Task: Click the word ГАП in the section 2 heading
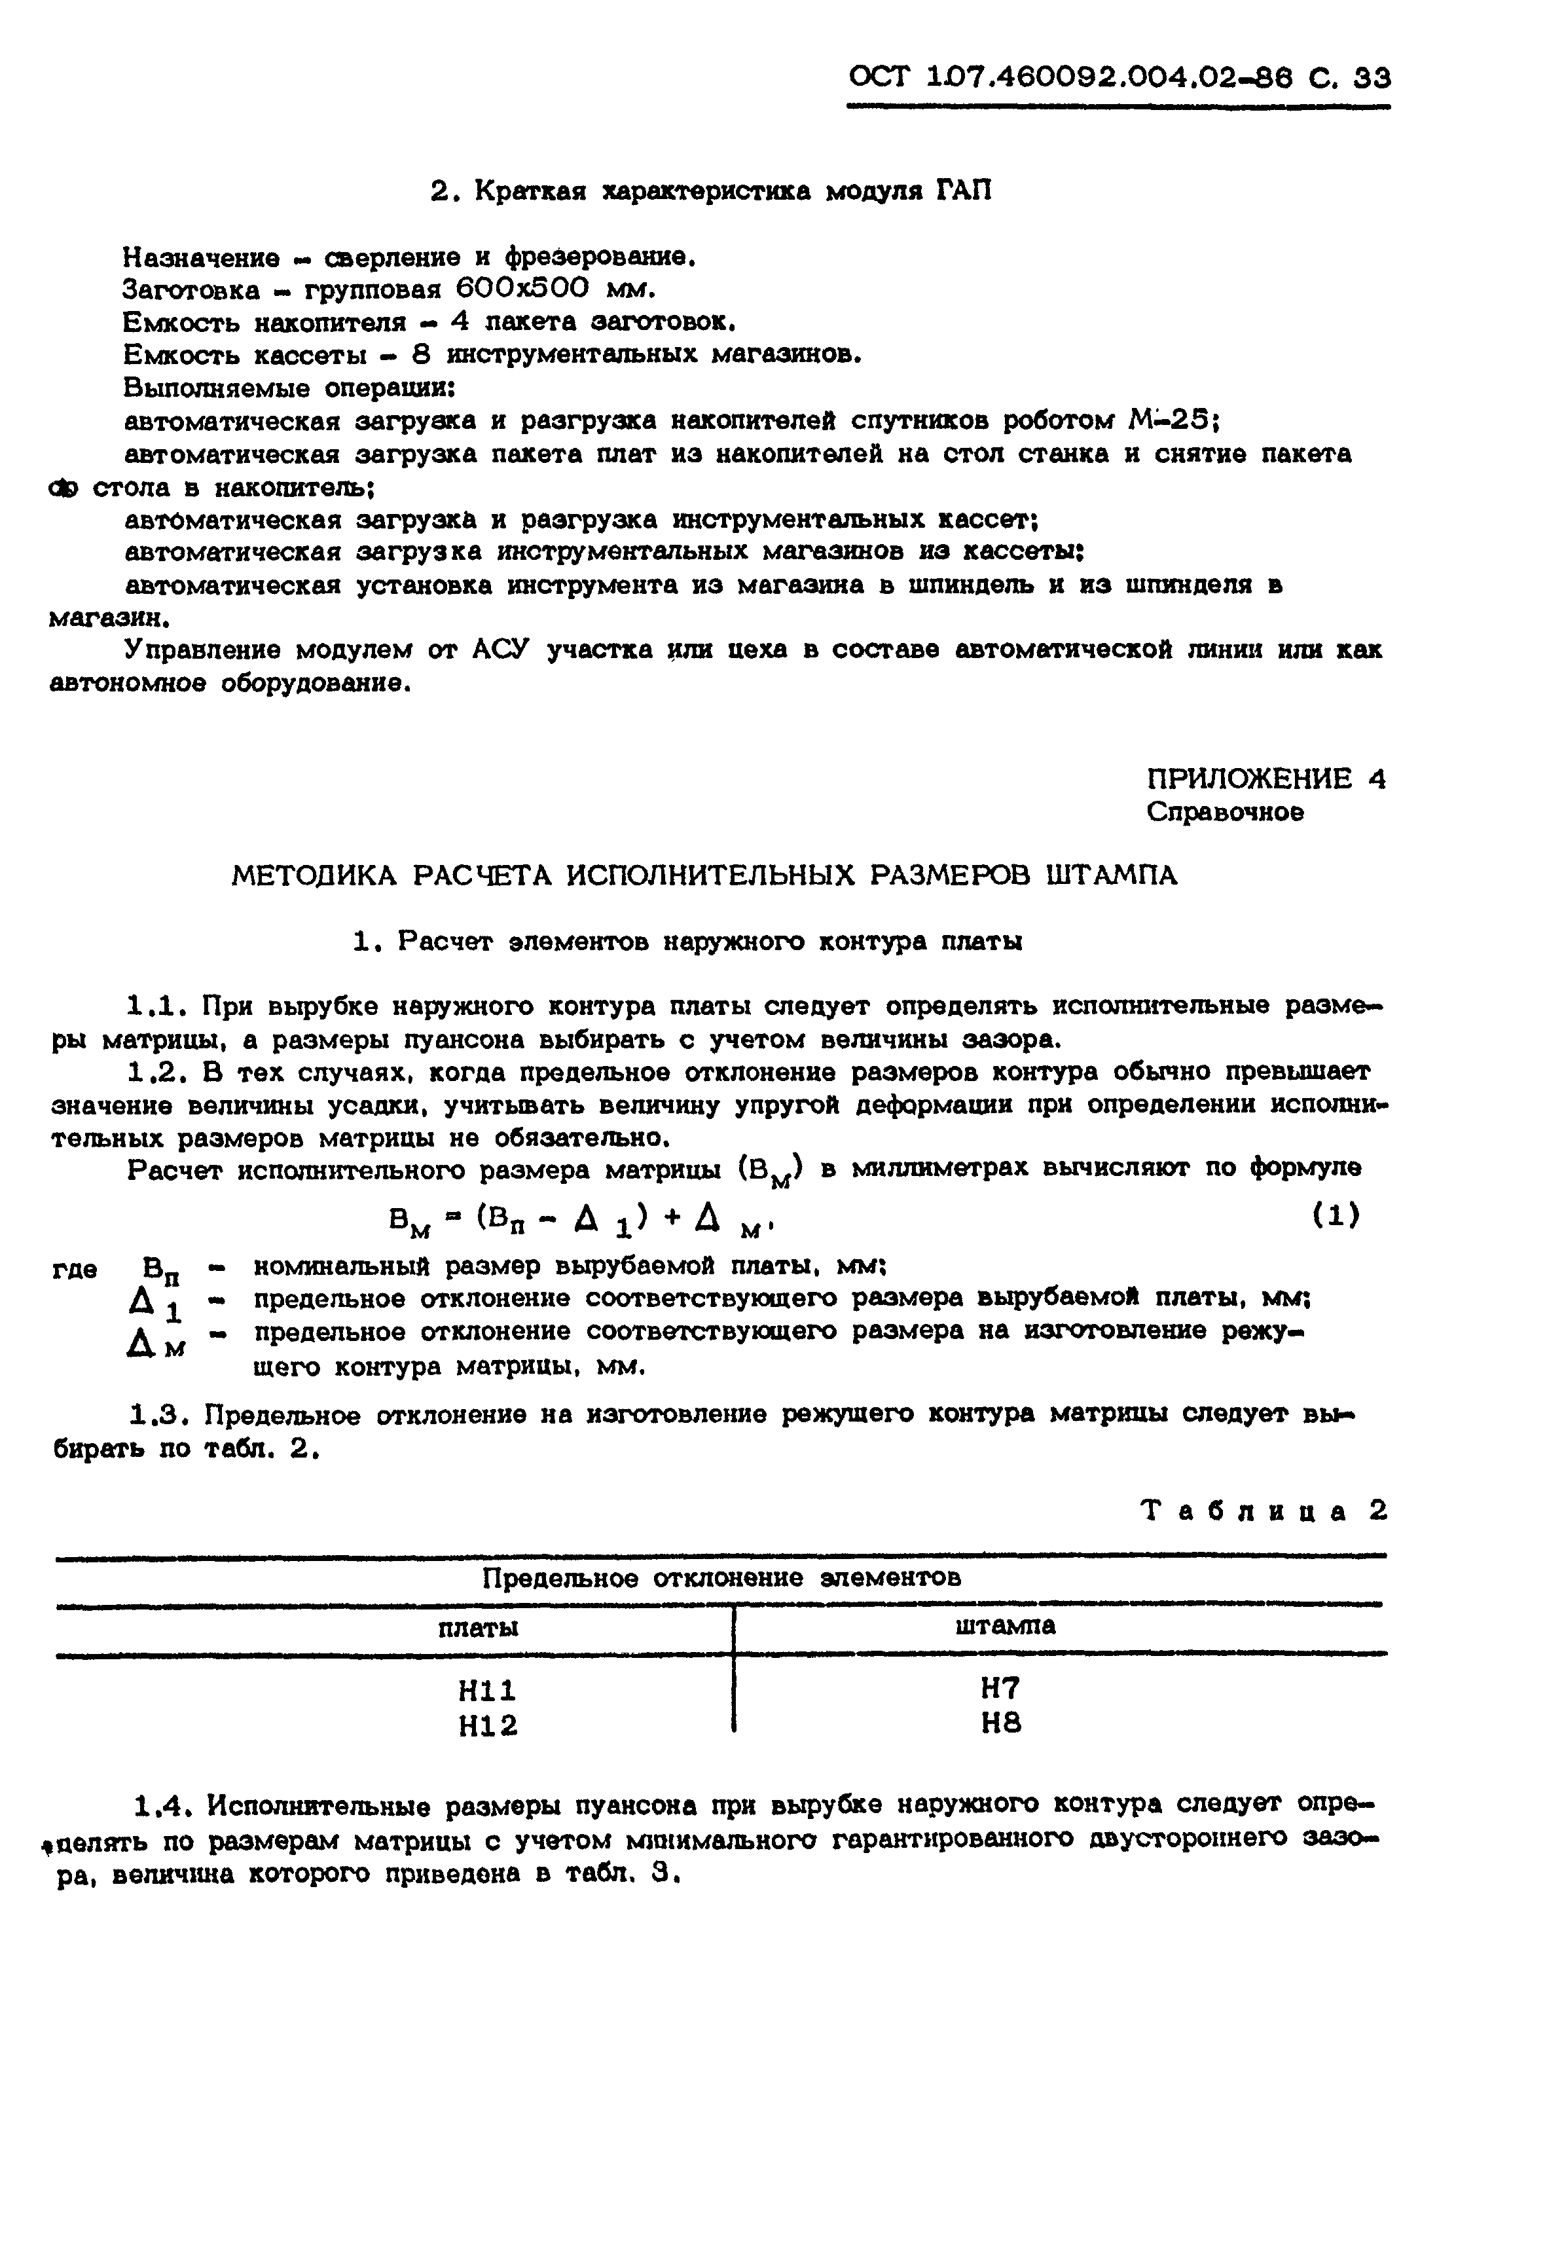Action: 964,191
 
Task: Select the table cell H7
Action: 1001,1689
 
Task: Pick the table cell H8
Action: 1001,1723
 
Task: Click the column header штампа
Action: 1005,1626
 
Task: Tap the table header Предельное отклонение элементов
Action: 721,1578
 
